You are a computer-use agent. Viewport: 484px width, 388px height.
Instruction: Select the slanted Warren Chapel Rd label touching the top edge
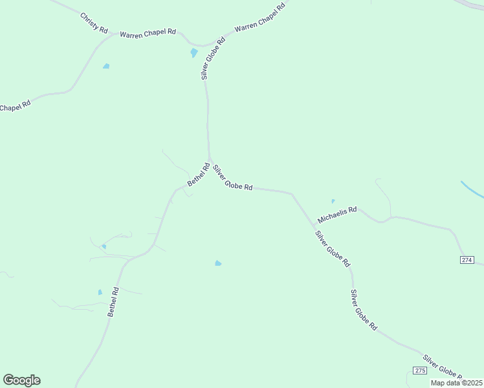pos(259,18)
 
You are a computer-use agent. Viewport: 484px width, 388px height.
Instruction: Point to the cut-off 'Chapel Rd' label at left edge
pos(15,107)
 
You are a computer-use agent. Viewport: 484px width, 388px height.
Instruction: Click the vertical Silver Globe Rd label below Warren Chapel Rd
pos(212,58)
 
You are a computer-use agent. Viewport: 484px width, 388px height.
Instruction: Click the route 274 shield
pos(467,260)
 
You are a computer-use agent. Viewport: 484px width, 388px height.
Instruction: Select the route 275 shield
pos(419,369)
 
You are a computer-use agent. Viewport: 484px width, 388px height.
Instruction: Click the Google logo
pos(21,380)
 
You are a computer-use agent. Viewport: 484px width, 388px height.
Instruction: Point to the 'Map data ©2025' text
pos(456,383)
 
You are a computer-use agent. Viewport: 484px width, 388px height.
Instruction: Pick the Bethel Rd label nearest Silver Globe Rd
pos(198,175)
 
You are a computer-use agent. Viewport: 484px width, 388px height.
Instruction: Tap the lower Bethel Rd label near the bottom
pos(114,302)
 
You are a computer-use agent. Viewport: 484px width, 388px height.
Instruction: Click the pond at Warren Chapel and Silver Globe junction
pos(193,53)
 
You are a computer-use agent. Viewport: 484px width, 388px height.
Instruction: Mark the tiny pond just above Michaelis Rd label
pos(333,201)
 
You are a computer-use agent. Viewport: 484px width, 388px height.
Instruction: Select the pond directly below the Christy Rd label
pos(106,66)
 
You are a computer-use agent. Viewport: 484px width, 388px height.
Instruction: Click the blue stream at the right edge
pos(472,190)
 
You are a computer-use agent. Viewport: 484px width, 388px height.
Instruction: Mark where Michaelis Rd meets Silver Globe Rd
pos(313,226)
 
